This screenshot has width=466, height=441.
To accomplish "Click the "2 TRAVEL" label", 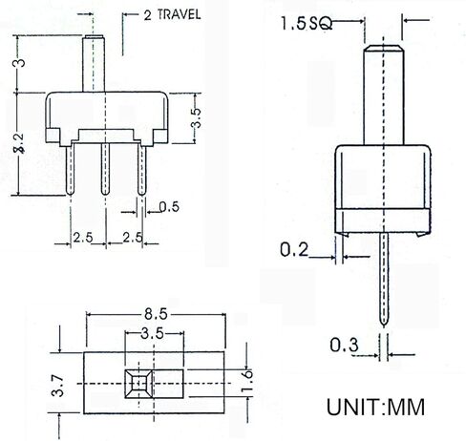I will tap(171, 16).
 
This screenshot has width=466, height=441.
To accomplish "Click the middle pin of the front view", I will tap(107, 167).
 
